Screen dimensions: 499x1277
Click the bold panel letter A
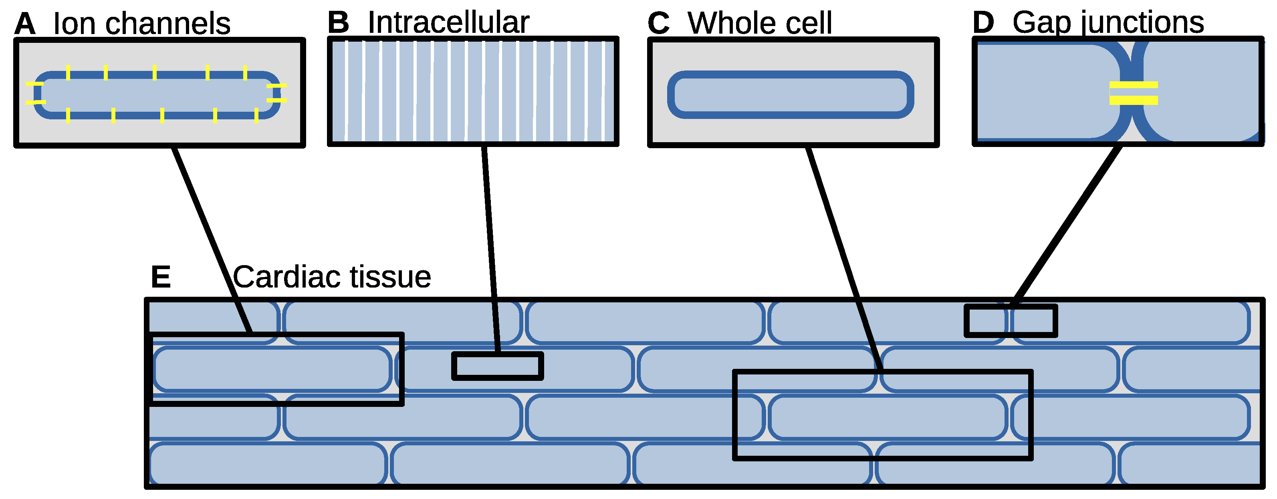25,24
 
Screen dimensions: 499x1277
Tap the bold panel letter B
339,23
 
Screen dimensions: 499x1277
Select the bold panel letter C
659,23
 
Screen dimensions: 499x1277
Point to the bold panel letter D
984,23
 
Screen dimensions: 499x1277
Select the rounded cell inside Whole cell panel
790,95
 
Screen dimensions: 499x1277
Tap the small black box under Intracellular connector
497,366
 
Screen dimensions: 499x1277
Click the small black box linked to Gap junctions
1010,321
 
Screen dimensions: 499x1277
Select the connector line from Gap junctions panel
1066,225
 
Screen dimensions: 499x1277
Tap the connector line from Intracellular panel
491,248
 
